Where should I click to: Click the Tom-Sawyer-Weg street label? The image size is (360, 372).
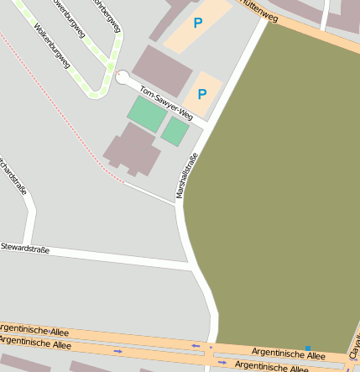coord(166,103)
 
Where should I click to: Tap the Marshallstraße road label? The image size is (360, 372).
coord(186,176)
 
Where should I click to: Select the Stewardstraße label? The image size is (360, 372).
coord(24,249)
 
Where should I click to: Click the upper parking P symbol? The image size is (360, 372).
coord(198,24)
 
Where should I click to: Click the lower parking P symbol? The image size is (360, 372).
coord(201,94)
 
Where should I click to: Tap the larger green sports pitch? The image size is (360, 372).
coord(147,113)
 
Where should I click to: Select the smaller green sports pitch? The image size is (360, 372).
coord(175,131)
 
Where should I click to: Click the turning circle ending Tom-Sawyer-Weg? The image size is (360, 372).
coord(123,77)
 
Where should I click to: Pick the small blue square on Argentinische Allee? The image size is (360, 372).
coord(308,348)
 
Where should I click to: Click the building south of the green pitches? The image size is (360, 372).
coord(132,149)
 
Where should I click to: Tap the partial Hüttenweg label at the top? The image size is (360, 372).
coord(258,10)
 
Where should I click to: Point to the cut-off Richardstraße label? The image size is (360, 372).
coord(13,175)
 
